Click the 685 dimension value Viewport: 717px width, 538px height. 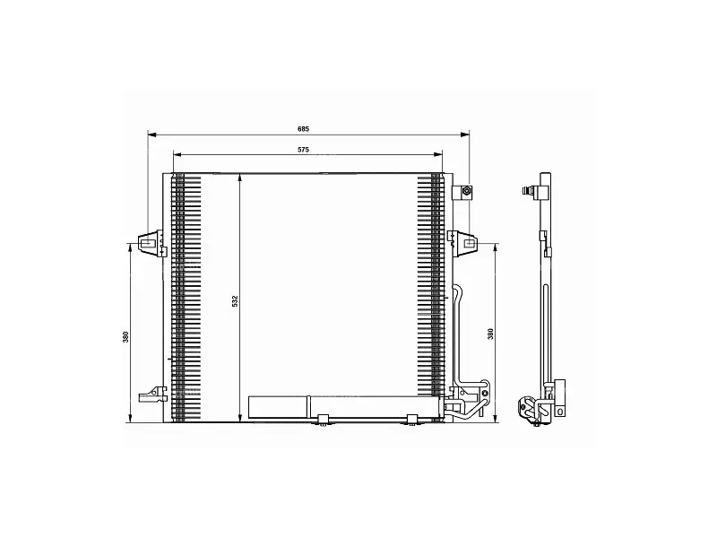(303, 129)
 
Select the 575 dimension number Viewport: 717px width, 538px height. (303, 150)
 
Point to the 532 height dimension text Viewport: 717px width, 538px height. (235, 301)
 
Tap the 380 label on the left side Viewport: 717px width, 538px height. (125, 337)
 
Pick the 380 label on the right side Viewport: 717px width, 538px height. (490, 334)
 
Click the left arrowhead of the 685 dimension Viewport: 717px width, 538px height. (152, 134)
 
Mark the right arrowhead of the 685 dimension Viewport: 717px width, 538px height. (465, 134)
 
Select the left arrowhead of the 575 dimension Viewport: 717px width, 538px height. (178, 155)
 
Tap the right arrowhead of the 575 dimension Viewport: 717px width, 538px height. (437, 155)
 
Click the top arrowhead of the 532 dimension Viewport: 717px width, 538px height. (239, 178)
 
